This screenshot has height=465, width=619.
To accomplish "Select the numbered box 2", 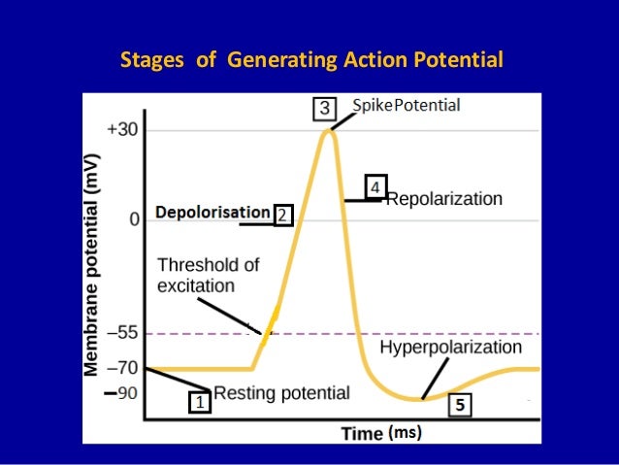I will tap(282, 215).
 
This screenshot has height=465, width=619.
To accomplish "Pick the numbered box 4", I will tap(376, 185).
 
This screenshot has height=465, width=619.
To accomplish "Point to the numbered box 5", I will tap(462, 406).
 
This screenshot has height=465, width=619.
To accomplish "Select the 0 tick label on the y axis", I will tap(133, 220).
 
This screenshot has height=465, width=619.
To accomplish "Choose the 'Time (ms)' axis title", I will tap(381, 434).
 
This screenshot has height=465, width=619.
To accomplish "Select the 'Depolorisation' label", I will tap(212, 212).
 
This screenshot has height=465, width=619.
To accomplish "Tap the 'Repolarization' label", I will tap(444, 199).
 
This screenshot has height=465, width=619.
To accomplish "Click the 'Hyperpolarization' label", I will tap(450, 348).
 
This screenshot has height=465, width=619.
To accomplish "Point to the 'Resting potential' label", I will tap(281, 393).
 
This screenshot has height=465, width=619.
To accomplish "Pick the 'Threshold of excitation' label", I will tap(208, 275).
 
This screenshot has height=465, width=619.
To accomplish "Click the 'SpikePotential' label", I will tap(406, 105).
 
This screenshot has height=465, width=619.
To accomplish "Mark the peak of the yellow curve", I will tap(328, 129).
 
